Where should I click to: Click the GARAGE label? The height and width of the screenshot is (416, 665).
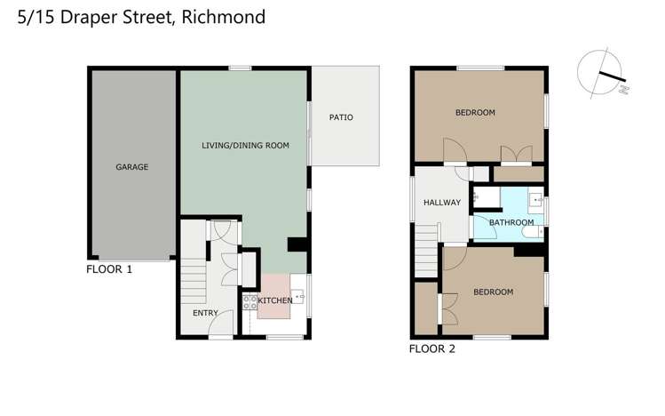click(131, 166)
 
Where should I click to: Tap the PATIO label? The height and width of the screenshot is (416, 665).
click(341, 116)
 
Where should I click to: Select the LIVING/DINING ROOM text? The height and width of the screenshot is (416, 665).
click(245, 145)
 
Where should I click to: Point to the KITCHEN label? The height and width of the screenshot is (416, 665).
click(275, 300)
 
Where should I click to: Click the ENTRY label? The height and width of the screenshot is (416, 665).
click(205, 313)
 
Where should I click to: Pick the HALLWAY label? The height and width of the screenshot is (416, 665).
click(441, 203)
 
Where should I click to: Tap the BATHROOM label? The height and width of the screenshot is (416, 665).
click(511, 222)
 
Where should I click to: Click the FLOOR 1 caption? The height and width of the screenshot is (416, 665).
click(109, 269)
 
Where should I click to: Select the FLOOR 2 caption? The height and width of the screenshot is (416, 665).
click(431, 349)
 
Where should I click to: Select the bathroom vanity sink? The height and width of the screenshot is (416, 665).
click(537, 200)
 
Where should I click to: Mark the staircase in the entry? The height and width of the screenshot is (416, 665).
click(193, 284)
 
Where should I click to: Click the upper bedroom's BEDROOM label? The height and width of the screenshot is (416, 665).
click(475, 113)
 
